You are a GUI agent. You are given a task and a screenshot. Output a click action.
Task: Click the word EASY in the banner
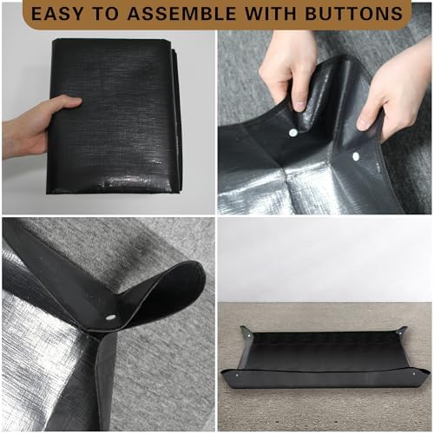tap(56, 14)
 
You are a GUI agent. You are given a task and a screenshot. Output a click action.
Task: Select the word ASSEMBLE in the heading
tap(181, 14)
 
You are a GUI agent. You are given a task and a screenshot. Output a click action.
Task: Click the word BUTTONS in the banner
tap(354, 14)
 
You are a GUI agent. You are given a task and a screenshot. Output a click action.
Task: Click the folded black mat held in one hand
tap(115, 115)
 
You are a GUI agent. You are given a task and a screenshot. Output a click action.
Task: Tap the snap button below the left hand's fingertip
tap(293, 133)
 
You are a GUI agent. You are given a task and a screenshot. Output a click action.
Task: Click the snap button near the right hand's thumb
tap(356, 156)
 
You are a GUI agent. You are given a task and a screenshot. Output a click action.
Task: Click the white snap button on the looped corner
tap(110, 318)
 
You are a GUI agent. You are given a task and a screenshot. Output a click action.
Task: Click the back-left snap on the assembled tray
tap(250, 335)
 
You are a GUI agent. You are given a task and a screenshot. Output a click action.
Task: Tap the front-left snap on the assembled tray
tap(237, 375)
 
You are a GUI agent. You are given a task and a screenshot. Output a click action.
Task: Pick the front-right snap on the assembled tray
tap(414, 374)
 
